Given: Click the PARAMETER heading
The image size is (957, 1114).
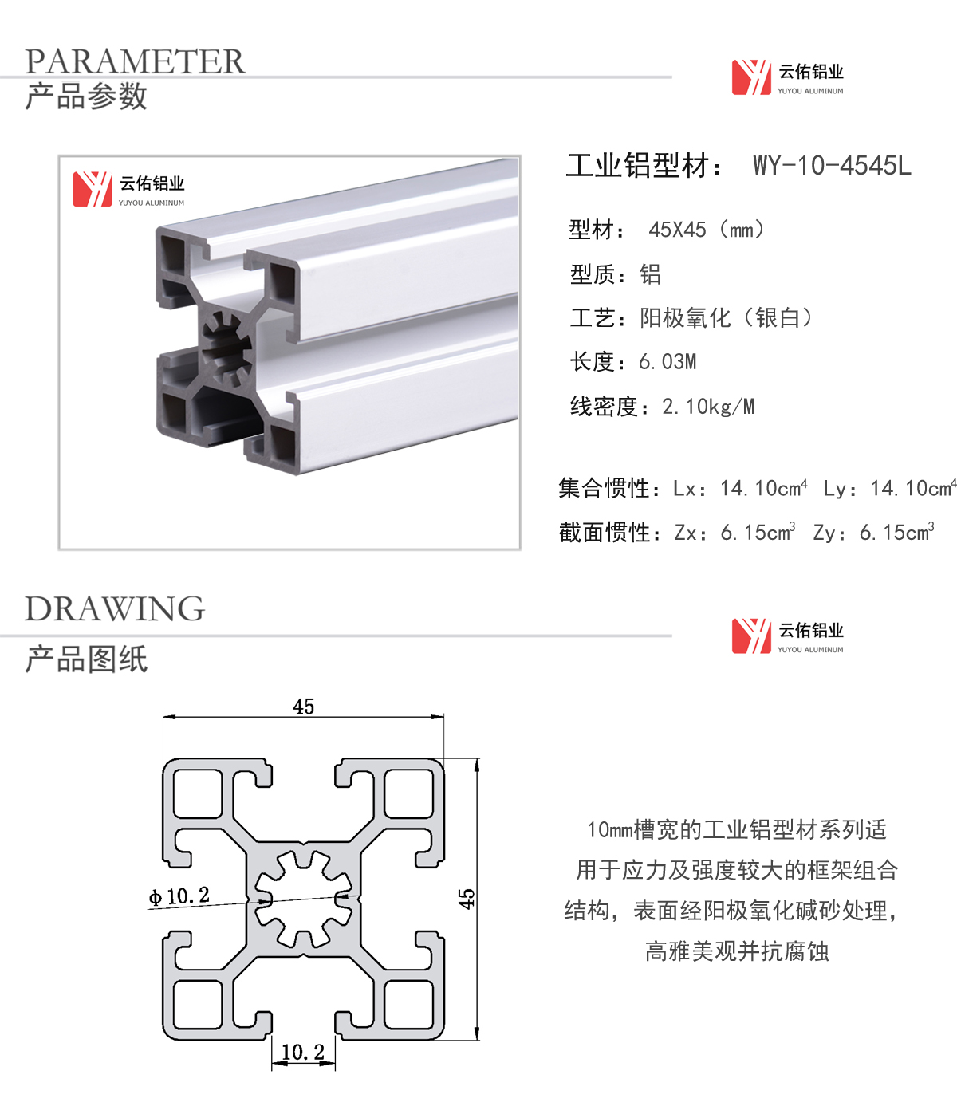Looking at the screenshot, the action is point(135,61).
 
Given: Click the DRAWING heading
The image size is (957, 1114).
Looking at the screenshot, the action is point(115,609).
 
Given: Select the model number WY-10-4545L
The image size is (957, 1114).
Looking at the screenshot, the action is point(832,165).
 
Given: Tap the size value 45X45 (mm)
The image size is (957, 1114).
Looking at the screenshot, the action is point(706,230).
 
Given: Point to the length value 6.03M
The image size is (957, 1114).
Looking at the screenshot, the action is point(668,362).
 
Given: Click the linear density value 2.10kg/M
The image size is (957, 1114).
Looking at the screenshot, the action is point(708,407).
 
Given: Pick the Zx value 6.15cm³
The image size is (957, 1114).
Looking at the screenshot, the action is point(758,532).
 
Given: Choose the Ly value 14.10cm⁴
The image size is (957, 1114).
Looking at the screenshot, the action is point(913,487).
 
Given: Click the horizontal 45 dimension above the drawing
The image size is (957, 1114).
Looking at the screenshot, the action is point(304,706).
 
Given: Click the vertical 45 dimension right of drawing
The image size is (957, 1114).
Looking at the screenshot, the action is point(467,899).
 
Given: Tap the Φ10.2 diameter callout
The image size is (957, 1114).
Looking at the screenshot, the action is point(179,896).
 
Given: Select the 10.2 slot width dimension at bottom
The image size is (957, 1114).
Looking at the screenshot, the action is point(303,1052).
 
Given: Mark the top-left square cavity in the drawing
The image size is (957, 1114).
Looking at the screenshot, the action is point(198,793).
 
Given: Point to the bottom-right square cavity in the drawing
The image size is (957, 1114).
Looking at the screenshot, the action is point(408,1004).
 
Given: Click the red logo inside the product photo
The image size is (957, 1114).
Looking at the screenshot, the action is point(93,189).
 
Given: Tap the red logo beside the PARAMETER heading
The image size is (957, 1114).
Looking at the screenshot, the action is point(751,77).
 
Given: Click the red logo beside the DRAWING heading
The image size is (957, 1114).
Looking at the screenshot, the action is point(751,636).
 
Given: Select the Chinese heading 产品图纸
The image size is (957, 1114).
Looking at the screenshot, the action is point(86,659).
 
